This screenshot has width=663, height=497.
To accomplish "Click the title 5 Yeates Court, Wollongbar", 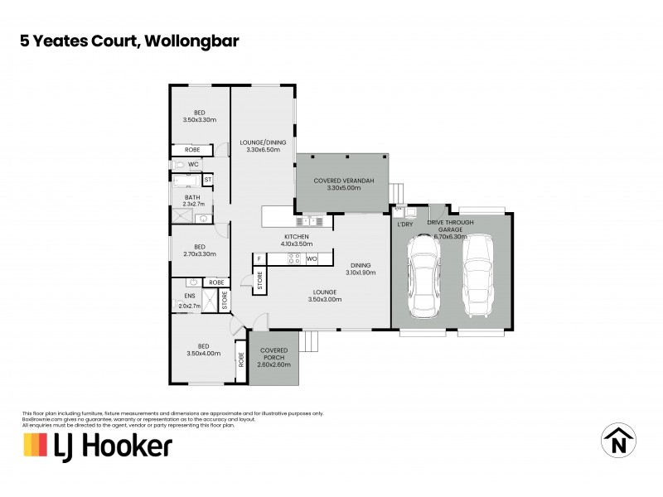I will tap(131, 39).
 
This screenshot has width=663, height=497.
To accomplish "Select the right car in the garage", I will tap(477, 277).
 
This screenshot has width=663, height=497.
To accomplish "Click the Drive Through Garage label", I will tap(451, 229).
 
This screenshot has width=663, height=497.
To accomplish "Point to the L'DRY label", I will tap(405, 224).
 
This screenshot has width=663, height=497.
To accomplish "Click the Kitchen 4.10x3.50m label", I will tap(296, 240).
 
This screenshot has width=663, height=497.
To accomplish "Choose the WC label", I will tap(192, 165).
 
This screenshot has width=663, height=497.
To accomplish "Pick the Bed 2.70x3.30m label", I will tap(199, 250).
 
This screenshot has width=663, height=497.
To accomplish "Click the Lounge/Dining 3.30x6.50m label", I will tap(260, 146).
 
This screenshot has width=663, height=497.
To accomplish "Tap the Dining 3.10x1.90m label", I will tap(361, 268).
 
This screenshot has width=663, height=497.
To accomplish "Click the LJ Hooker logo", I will tap(97, 446).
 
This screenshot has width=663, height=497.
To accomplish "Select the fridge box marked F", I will tap(259, 259).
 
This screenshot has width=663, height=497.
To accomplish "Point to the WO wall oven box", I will tap(312, 259).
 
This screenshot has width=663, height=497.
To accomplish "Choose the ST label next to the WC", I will tap(208, 179).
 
